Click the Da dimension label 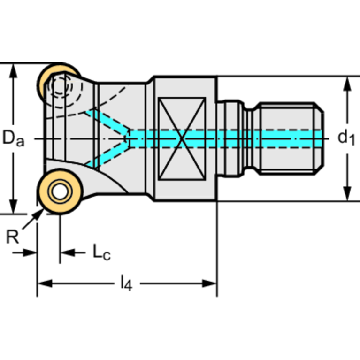(x=13, y=138)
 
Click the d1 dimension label (x=345, y=138)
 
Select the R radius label (x=13, y=237)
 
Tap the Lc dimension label (x=101, y=253)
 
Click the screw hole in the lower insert (x=59, y=191)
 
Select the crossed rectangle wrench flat (x=182, y=138)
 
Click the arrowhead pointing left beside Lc (x=67, y=253)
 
